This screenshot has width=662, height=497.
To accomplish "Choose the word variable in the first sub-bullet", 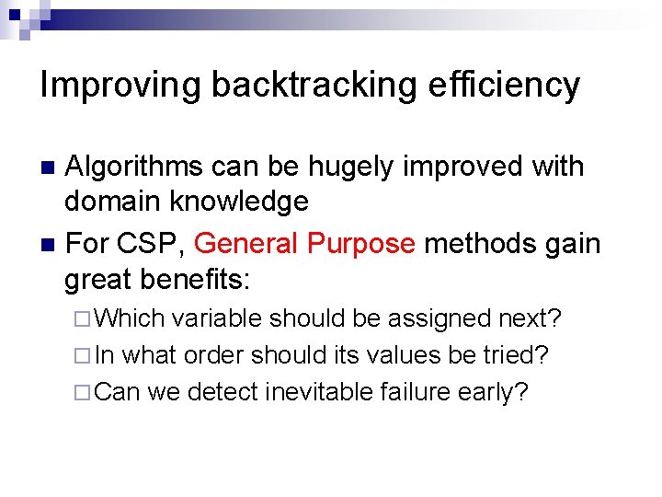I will pos(219,318).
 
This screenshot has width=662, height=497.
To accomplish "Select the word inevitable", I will pos(319,392).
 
